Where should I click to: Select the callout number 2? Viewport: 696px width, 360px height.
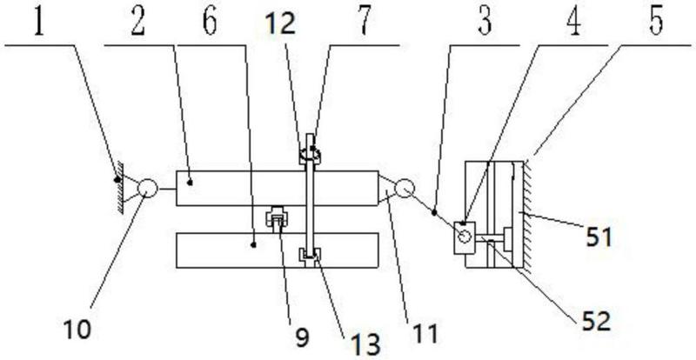pyautogui.click(x=138, y=21)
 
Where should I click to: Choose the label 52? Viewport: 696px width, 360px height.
pyautogui.click(x=597, y=322)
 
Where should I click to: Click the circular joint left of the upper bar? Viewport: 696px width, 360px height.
pyautogui.click(x=146, y=187)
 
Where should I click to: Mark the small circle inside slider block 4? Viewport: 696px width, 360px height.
pyautogui.click(x=463, y=235)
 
